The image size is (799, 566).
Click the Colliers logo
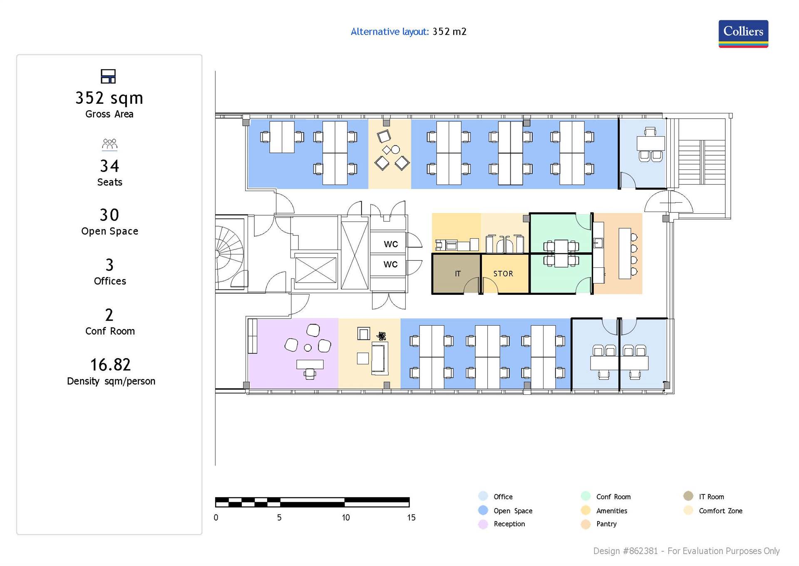[x=743, y=33]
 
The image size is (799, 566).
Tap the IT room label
[x=457, y=274]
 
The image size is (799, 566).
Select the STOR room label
[x=503, y=274]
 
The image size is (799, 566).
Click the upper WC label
[x=390, y=244]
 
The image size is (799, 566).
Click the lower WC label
[x=390, y=264]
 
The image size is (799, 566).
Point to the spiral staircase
[x=229, y=254]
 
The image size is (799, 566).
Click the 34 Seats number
[x=109, y=166]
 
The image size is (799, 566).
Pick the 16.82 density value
[x=110, y=365]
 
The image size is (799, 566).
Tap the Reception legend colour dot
[x=483, y=524]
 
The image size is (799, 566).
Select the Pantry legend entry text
[x=606, y=524]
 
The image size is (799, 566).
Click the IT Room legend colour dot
[x=688, y=496]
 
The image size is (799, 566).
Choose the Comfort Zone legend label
[x=720, y=511]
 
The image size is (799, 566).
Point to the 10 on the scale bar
[x=345, y=517]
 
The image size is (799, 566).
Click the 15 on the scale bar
[x=411, y=517]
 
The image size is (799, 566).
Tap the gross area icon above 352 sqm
[x=108, y=76]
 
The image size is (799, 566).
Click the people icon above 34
[x=109, y=144]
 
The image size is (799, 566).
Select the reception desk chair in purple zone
[x=310, y=374]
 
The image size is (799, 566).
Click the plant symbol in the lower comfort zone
[x=381, y=336]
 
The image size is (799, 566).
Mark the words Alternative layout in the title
[x=390, y=32]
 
